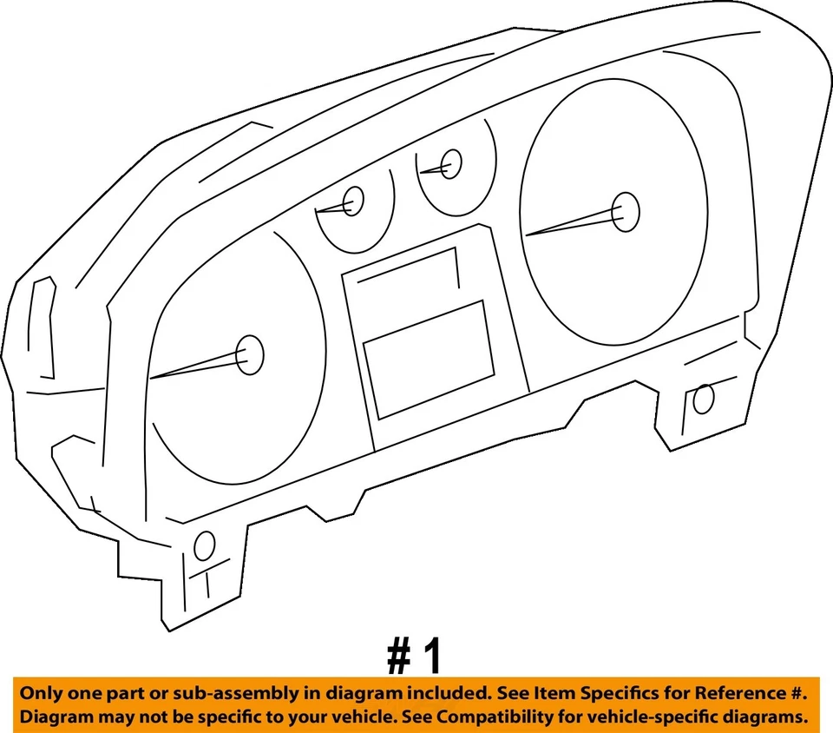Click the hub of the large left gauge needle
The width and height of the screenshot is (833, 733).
pos(249,354)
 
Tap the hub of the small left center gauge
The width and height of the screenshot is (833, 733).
pos(352,202)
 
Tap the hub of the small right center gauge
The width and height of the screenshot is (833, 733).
pos(451,163)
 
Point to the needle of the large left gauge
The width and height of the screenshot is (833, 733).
pos(195,366)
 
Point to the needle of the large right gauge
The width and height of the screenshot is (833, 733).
pos(573,224)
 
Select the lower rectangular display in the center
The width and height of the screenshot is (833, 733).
pos(429,358)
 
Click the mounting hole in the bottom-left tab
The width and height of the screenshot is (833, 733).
pos(205,545)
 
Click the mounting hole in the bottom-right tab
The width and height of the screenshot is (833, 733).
pos(704,399)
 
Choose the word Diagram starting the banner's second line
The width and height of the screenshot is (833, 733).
pos(55,718)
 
